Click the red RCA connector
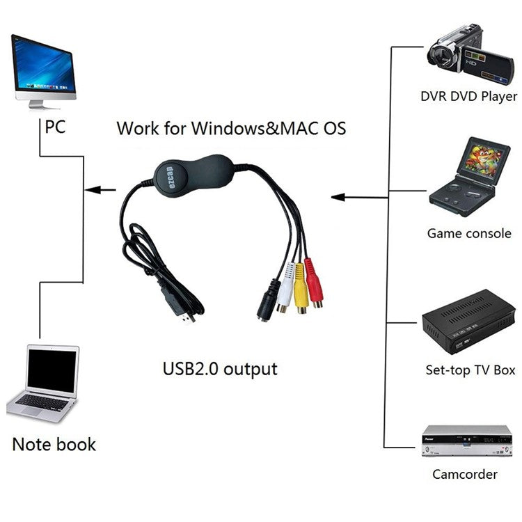pos(315,286)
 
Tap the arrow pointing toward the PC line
pos(100,189)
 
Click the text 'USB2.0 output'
pos(219,367)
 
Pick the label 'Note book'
pos(54,443)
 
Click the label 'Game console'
pos(468,233)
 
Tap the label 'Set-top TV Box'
pos(470,369)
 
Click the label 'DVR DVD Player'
pos(468,96)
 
